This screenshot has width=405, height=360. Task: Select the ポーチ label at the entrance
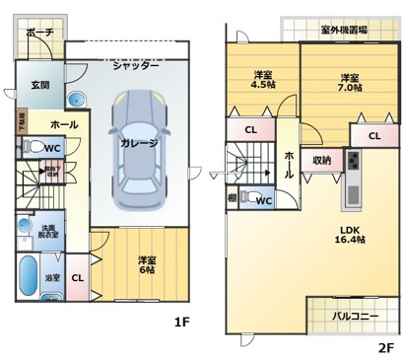pyautogui.click(x=39, y=33)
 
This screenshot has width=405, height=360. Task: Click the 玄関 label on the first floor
pyautogui.click(x=39, y=86)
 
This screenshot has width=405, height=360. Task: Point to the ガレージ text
pyautogui.click(x=139, y=143)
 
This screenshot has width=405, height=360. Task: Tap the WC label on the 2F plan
pyautogui.click(x=264, y=201)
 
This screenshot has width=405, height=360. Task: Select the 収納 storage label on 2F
pyautogui.click(x=322, y=159)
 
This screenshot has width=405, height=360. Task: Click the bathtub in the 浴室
pyautogui.click(x=27, y=274)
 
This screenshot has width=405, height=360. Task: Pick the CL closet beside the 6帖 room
pyautogui.click(x=77, y=277)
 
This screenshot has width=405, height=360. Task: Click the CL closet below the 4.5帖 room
pyautogui.click(x=251, y=129)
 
